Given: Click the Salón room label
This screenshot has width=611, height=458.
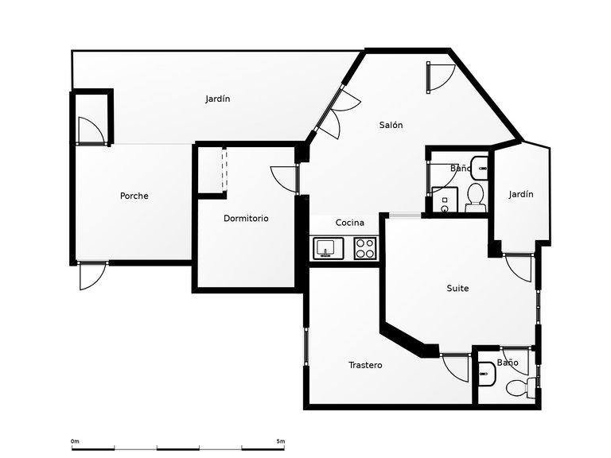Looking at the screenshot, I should point(391,125).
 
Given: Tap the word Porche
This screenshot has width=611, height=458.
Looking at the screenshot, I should point(134,196).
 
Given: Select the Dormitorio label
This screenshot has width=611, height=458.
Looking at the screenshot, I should point(246,218).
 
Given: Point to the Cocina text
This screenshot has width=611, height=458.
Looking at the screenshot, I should point(349,223).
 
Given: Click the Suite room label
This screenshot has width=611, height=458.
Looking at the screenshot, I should point(457,288).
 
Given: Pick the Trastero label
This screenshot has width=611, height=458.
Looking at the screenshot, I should point(365,365).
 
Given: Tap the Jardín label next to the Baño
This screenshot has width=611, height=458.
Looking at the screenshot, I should point(521,194).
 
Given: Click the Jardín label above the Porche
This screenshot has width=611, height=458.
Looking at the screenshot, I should point(217,99).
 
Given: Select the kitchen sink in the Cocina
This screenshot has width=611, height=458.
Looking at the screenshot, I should point(325,248).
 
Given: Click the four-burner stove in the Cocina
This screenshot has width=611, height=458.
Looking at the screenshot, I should point(364,248).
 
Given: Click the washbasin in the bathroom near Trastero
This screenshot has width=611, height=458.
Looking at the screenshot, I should point(486,371).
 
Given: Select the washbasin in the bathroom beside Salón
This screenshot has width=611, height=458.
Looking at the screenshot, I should point(480,167).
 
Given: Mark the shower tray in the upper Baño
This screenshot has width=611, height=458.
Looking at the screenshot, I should point(443,200).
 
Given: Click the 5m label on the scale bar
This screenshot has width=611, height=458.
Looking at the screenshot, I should point(280,441).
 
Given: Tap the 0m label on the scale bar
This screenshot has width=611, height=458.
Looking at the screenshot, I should point(75,441).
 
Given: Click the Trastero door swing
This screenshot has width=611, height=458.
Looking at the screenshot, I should point(456,367).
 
